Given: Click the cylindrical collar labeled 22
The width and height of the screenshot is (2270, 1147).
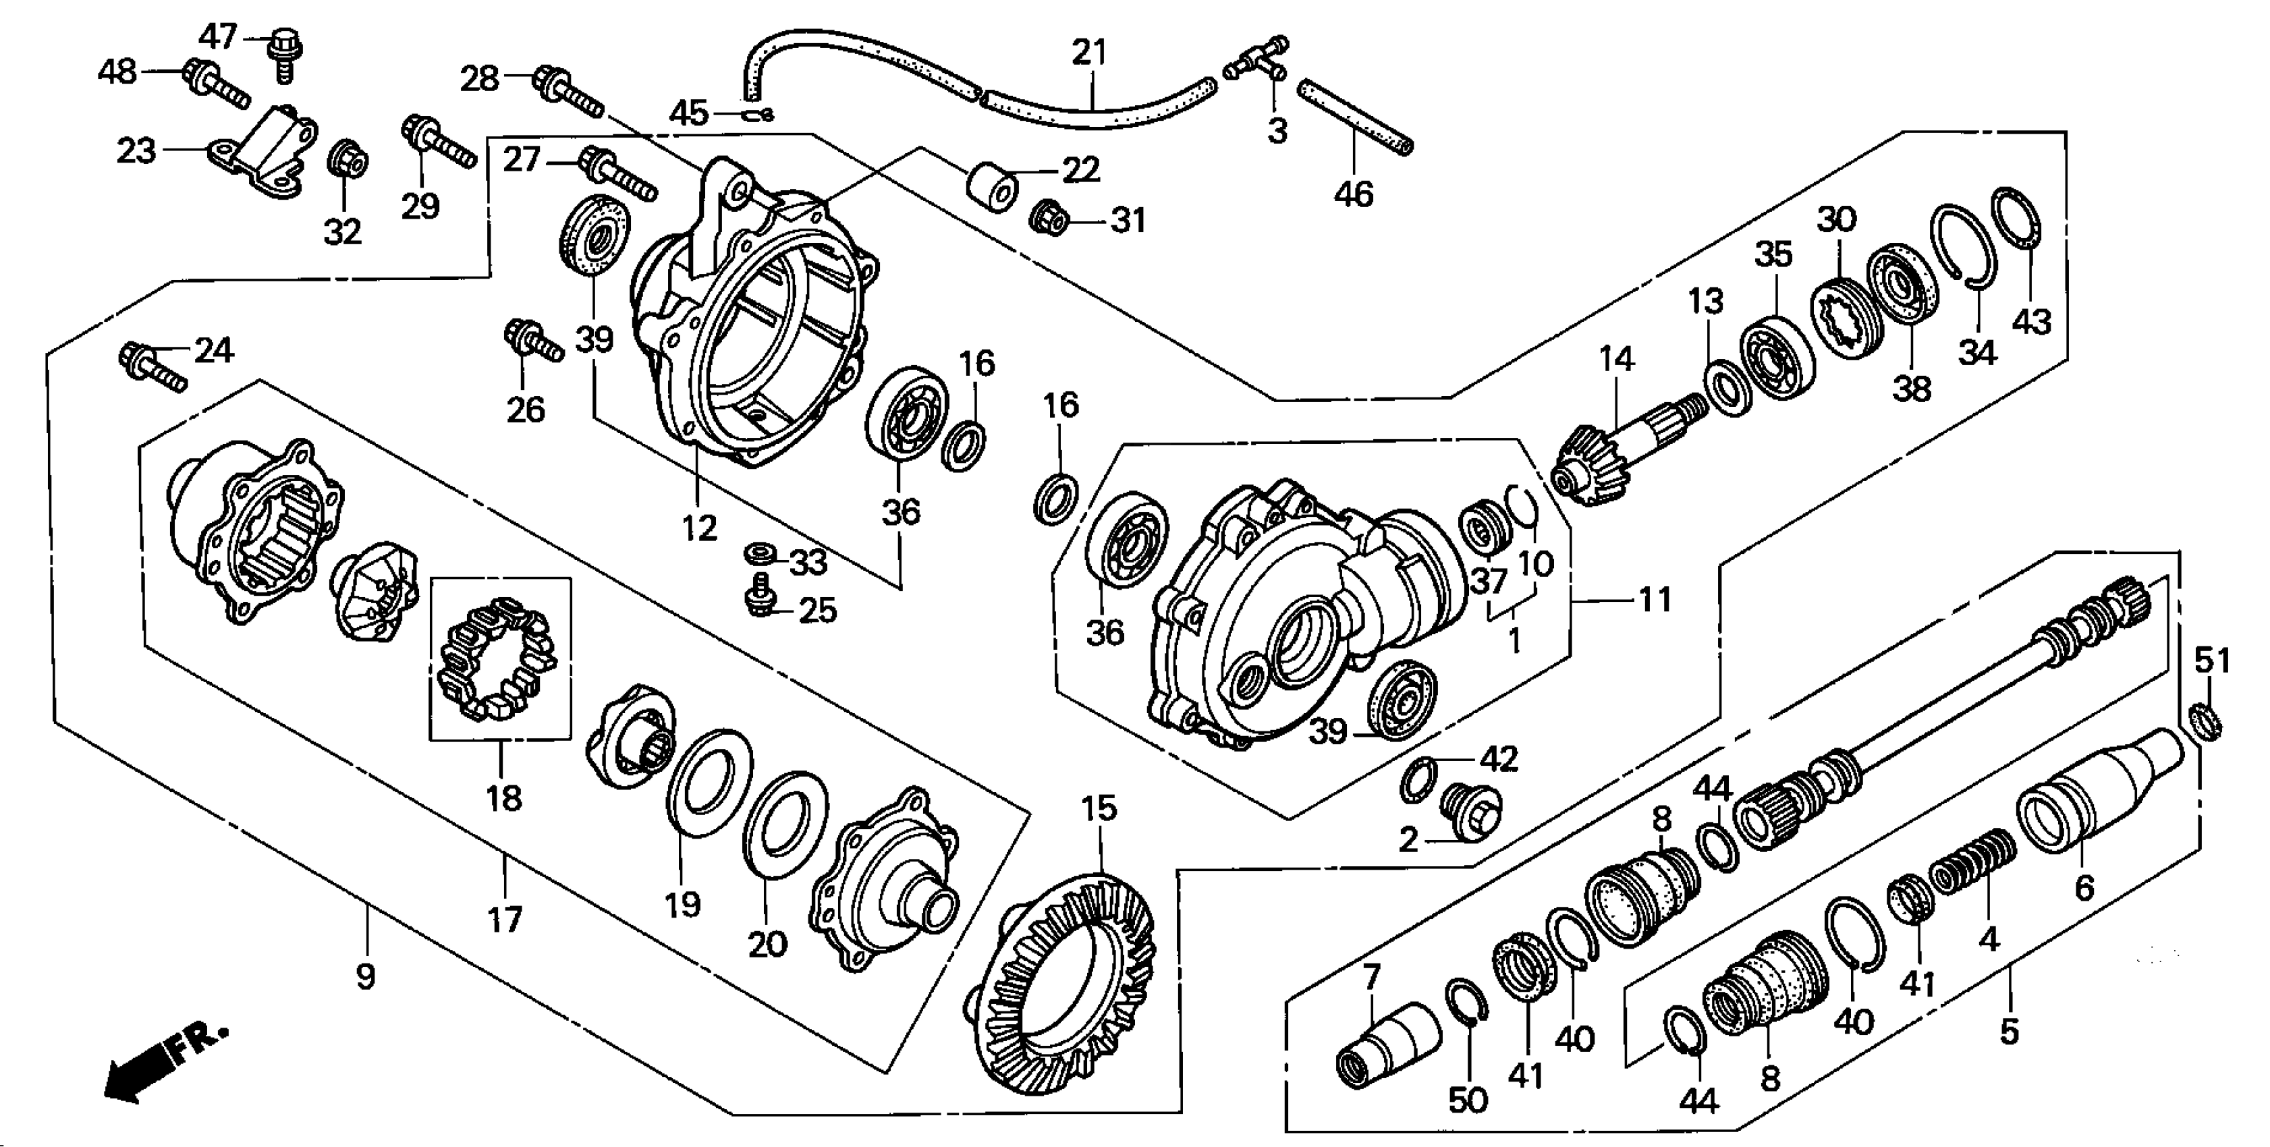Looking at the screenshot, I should (992, 187).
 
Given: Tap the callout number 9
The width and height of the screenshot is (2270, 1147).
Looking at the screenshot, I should (365, 976).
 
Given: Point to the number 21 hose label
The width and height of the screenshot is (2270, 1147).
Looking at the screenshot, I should (1088, 53).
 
